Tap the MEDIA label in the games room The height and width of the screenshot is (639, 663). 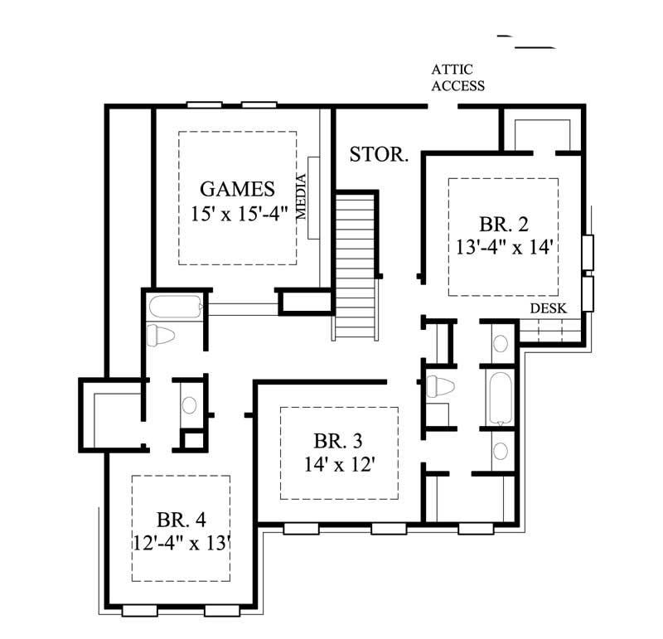(302, 196)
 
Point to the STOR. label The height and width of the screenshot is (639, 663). (379, 154)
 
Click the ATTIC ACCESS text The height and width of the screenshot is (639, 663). (457, 78)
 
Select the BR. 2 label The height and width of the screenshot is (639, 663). (504, 224)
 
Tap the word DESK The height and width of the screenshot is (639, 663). (548, 308)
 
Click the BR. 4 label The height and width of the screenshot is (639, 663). (181, 520)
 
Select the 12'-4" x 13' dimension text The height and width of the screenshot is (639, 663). (181, 543)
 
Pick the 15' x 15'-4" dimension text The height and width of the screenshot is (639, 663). (237, 212)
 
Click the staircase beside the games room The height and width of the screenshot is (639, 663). (357, 264)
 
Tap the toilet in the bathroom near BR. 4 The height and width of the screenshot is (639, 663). (159, 336)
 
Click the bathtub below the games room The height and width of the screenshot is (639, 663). (175, 309)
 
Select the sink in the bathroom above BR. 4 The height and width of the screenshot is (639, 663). (190, 405)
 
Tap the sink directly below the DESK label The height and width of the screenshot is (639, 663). (501, 341)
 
